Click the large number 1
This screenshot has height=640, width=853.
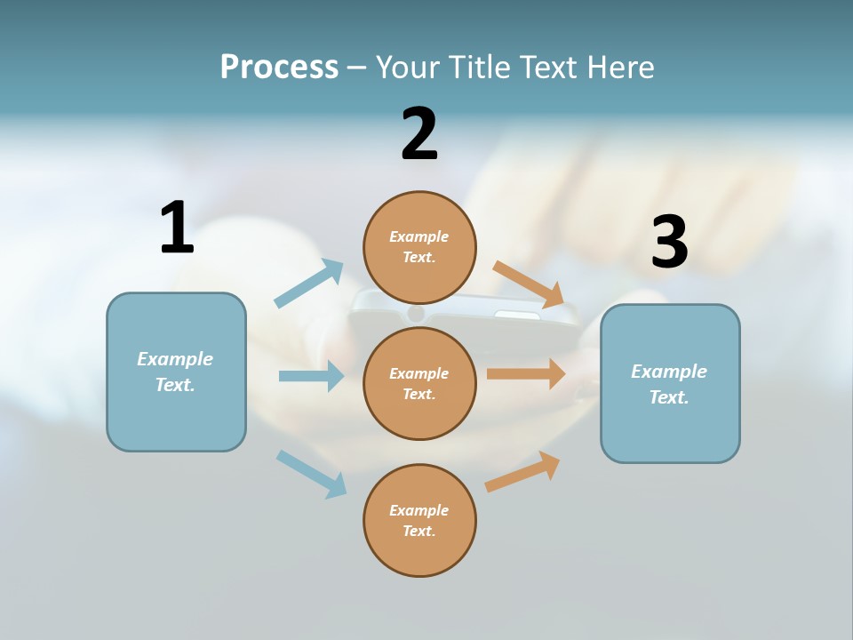pyautogui.click(x=177, y=228)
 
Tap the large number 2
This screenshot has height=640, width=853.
pyautogui.click(x=419, y=134)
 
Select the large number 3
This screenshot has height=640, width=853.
pyautogui.click(x=669, y=242)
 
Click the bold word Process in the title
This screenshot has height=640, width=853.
pyautogui.click(x=279, y=67)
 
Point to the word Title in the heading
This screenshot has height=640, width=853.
pyautogui.click(x=480, y=67)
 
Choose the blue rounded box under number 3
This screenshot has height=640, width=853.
pyautogui.click(x=670, y=431)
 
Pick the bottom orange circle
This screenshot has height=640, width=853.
pyautogui.click(x=419, y=556)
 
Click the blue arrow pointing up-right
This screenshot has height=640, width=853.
pyautogui.click(x=309, y=284)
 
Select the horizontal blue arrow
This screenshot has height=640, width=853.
pyautogui.click(x=311, y=376)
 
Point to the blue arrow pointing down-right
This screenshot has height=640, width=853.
pyautogui.click(x=311, y=474)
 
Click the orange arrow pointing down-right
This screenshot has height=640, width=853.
pyautogui.click(x=528, y=284)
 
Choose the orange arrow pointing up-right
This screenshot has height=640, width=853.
pyautogui.click(x=522, y=471)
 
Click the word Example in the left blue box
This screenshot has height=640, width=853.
pyautogui.click(x=175, y=359)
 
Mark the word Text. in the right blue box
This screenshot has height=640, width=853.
pyautogui.click(x=669, y=397)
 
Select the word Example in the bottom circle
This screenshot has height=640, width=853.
pyautogui.click(x=419, y=510)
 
